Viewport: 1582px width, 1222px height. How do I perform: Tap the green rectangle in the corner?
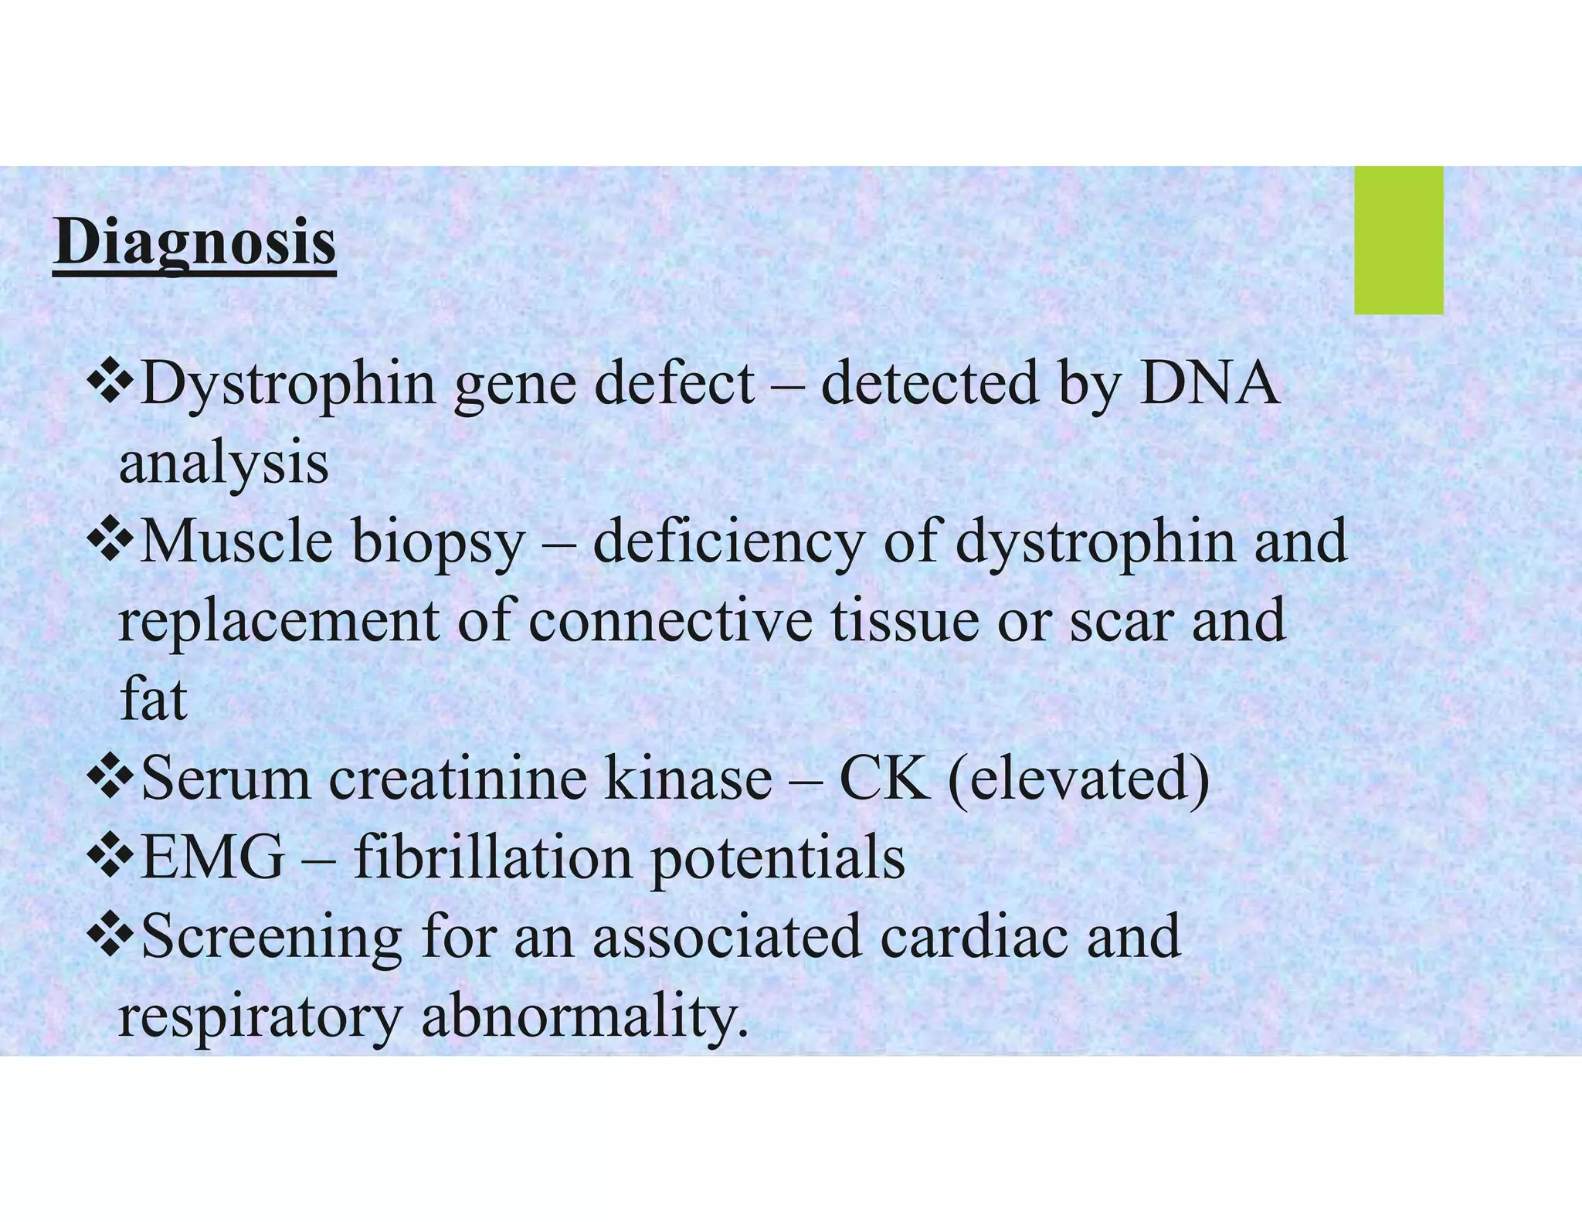(1398, 240)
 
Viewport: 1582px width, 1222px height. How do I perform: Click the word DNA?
(1208, 384)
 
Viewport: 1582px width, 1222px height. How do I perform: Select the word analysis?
(224, 465)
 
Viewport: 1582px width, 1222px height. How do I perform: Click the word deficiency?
(727, 542)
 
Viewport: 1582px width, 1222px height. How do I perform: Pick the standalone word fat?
(153, 700)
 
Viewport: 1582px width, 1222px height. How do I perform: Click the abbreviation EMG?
(213, 857)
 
